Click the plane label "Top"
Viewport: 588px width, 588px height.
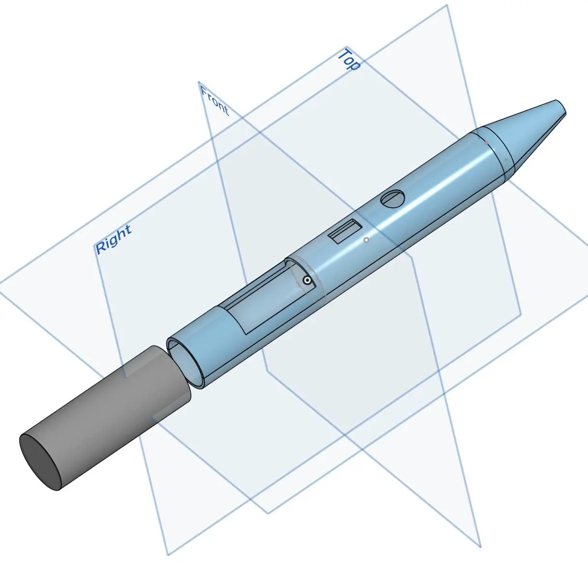[349, 60]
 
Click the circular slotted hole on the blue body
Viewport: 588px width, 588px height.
[393, 199]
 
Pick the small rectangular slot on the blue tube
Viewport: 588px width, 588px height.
[345, 231]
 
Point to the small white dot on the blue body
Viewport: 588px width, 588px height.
[366, 240]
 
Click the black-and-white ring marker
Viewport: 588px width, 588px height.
[307, 280]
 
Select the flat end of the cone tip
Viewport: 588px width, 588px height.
[561, 108]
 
